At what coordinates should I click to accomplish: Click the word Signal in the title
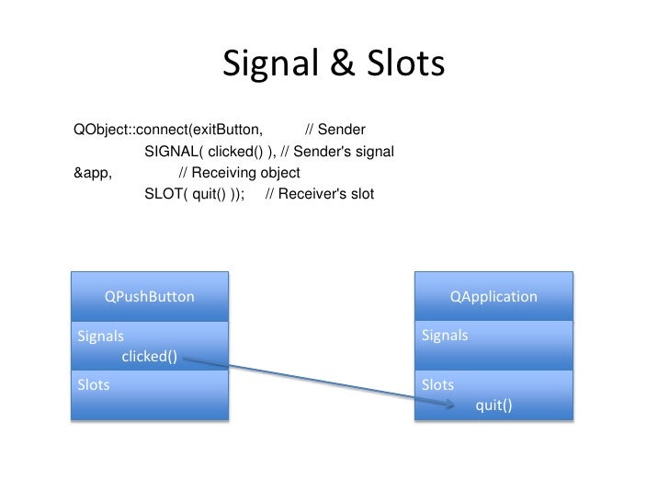click(x=267, y=64)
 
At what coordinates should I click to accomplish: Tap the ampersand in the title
click(x=336, y=64)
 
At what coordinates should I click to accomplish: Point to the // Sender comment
click(x=334, y=130)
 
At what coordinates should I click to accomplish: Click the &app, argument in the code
click(x=92, y=173)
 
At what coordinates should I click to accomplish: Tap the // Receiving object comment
click(x=239, y=173)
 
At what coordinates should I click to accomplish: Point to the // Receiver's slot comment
click(x=319, y=194)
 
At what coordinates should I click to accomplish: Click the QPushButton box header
click(x=149, y=297)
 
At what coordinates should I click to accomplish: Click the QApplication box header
click(x=493, y=297)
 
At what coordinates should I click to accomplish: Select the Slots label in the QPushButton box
click(x=93, y=385)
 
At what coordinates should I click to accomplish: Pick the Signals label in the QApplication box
click(x=445, y=336)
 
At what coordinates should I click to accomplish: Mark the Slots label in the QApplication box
click(x=437, y=385)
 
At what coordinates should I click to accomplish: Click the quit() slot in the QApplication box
click(x=493, y=405)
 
